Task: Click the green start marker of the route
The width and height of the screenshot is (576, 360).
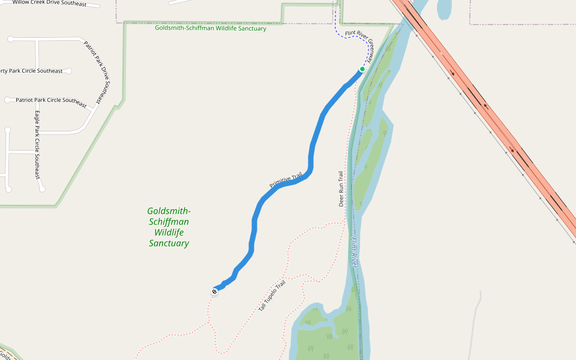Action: coord(362,69)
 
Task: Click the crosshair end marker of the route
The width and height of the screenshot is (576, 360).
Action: coord(214,292)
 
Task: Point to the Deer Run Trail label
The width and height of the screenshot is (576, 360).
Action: coord(341,189)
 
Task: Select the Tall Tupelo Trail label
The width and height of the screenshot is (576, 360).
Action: coord(272,295)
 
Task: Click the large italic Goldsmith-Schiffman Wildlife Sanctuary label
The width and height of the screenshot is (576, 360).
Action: coord(169,227)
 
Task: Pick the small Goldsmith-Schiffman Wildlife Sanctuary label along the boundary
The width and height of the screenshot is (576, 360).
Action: coord(210,28)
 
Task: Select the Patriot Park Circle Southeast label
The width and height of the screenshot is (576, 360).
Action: coord(51,100)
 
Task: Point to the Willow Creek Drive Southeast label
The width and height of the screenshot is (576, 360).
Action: coord(49,4)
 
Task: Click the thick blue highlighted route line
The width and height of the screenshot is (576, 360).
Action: coord(312,150)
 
